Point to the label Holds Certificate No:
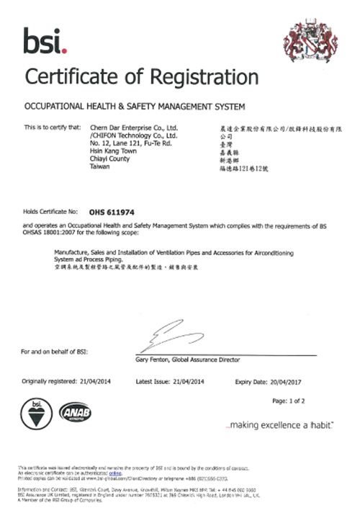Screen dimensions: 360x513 pyautogui.click(x=50, y=213)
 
